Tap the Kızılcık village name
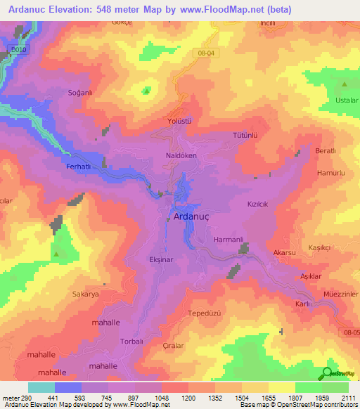point(259,204)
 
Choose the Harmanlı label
point(228,240)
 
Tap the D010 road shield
point(18,50)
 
